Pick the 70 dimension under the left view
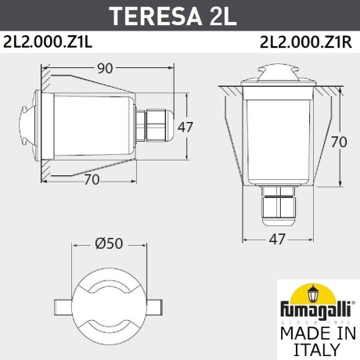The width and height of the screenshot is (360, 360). click(92, 179)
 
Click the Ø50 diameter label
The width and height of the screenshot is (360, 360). click(109, 243)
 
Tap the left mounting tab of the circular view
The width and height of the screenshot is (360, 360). click(62, 304)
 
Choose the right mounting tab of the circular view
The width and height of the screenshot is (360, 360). click(157, 304)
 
